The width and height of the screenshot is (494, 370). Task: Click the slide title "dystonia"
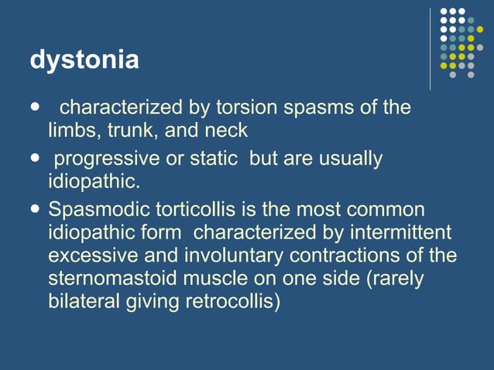click(x=84, y=60)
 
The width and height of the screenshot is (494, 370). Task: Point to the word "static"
click(x=211, y=159)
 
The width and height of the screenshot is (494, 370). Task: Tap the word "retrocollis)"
click(x=232, y=301)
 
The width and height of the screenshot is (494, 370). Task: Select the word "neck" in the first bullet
click(x=226, y=128)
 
